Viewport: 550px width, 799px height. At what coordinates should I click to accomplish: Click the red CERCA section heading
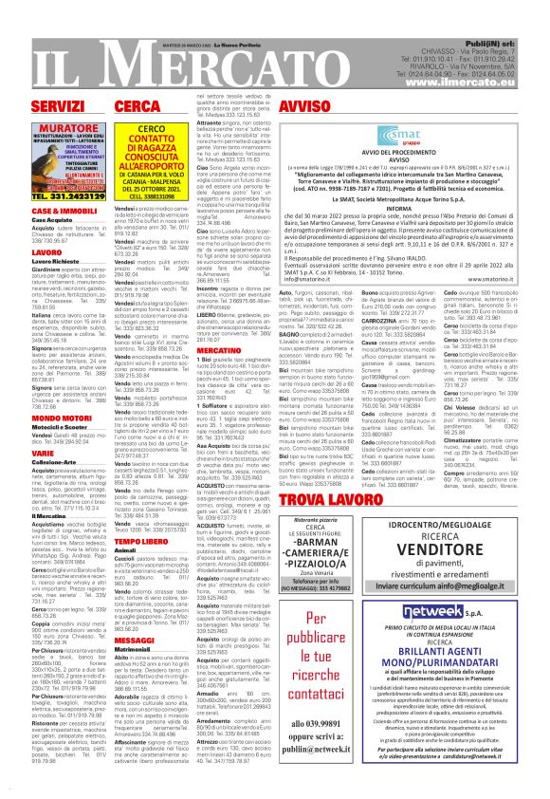pyautogui.click(x=137, y=104)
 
